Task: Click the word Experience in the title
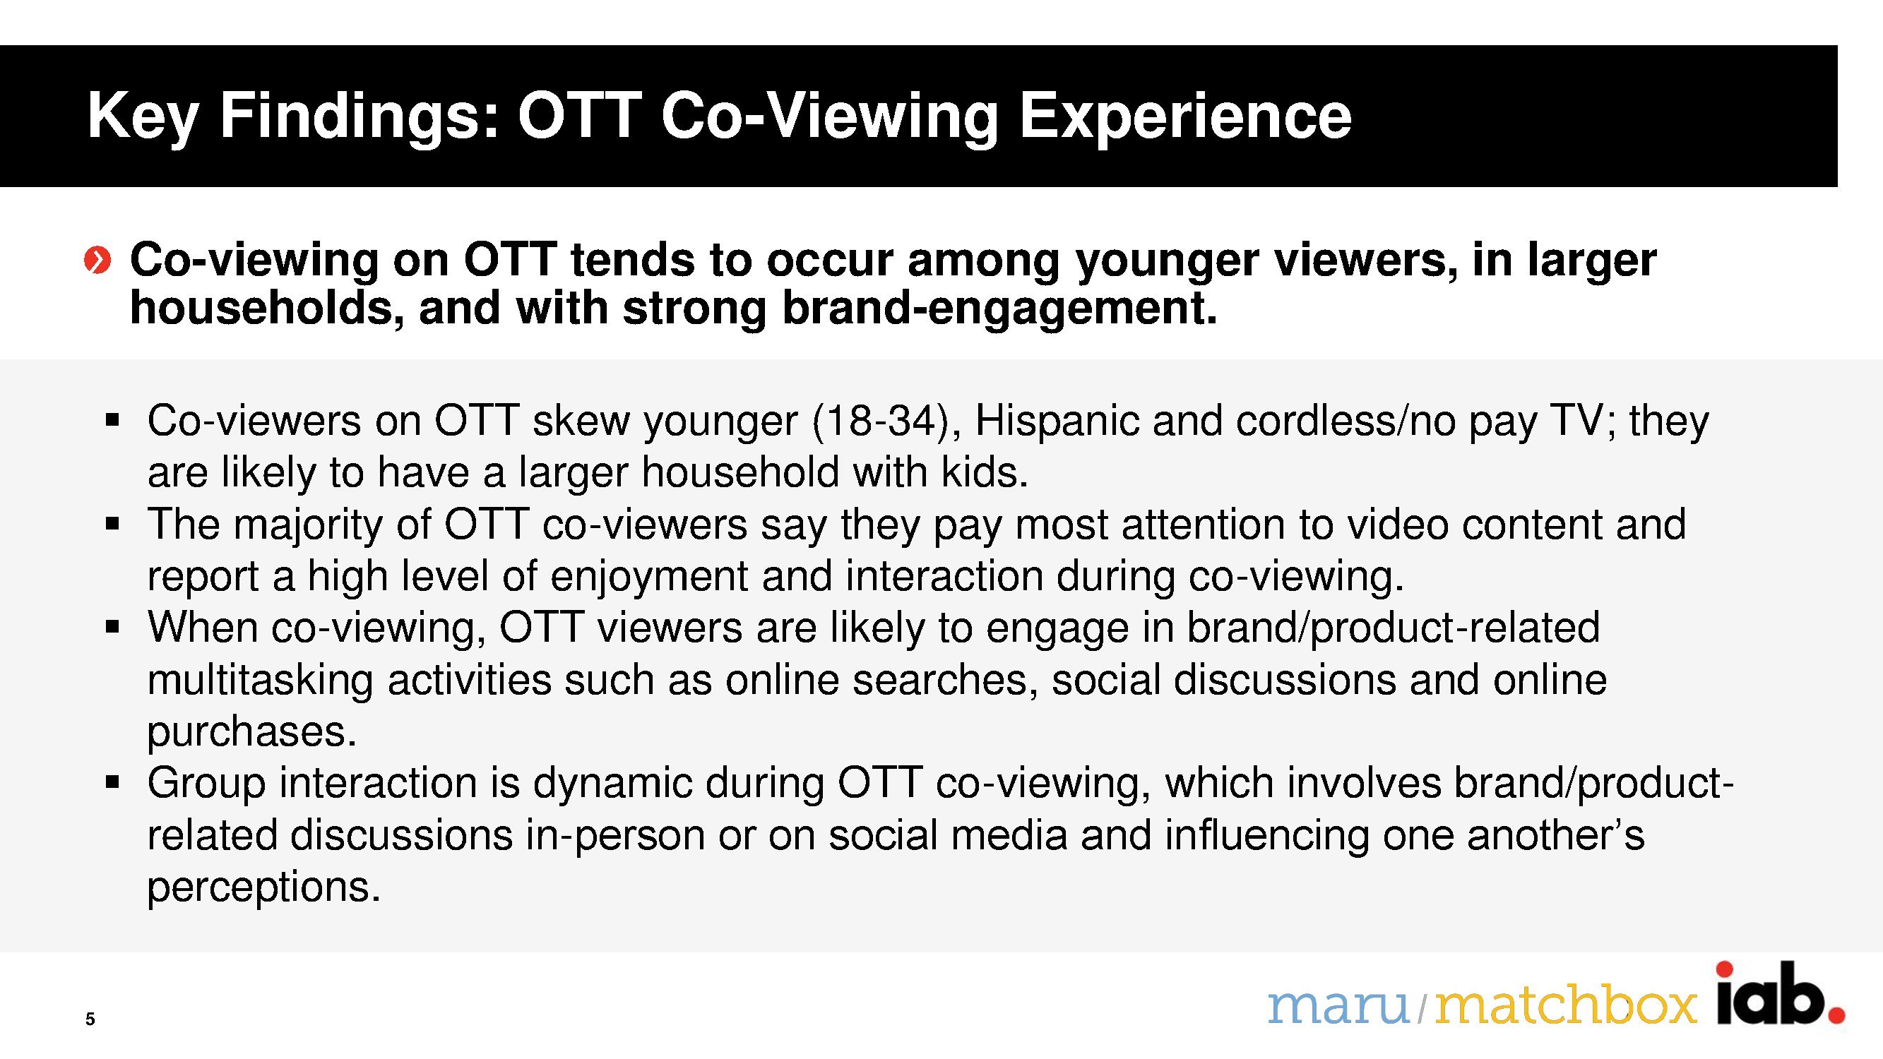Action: coord(1185,117)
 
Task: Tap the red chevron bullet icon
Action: coord(98,259)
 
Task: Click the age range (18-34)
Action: coord(886,421)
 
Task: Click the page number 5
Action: coord(90,1019)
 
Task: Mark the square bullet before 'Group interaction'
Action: coord(112,783)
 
